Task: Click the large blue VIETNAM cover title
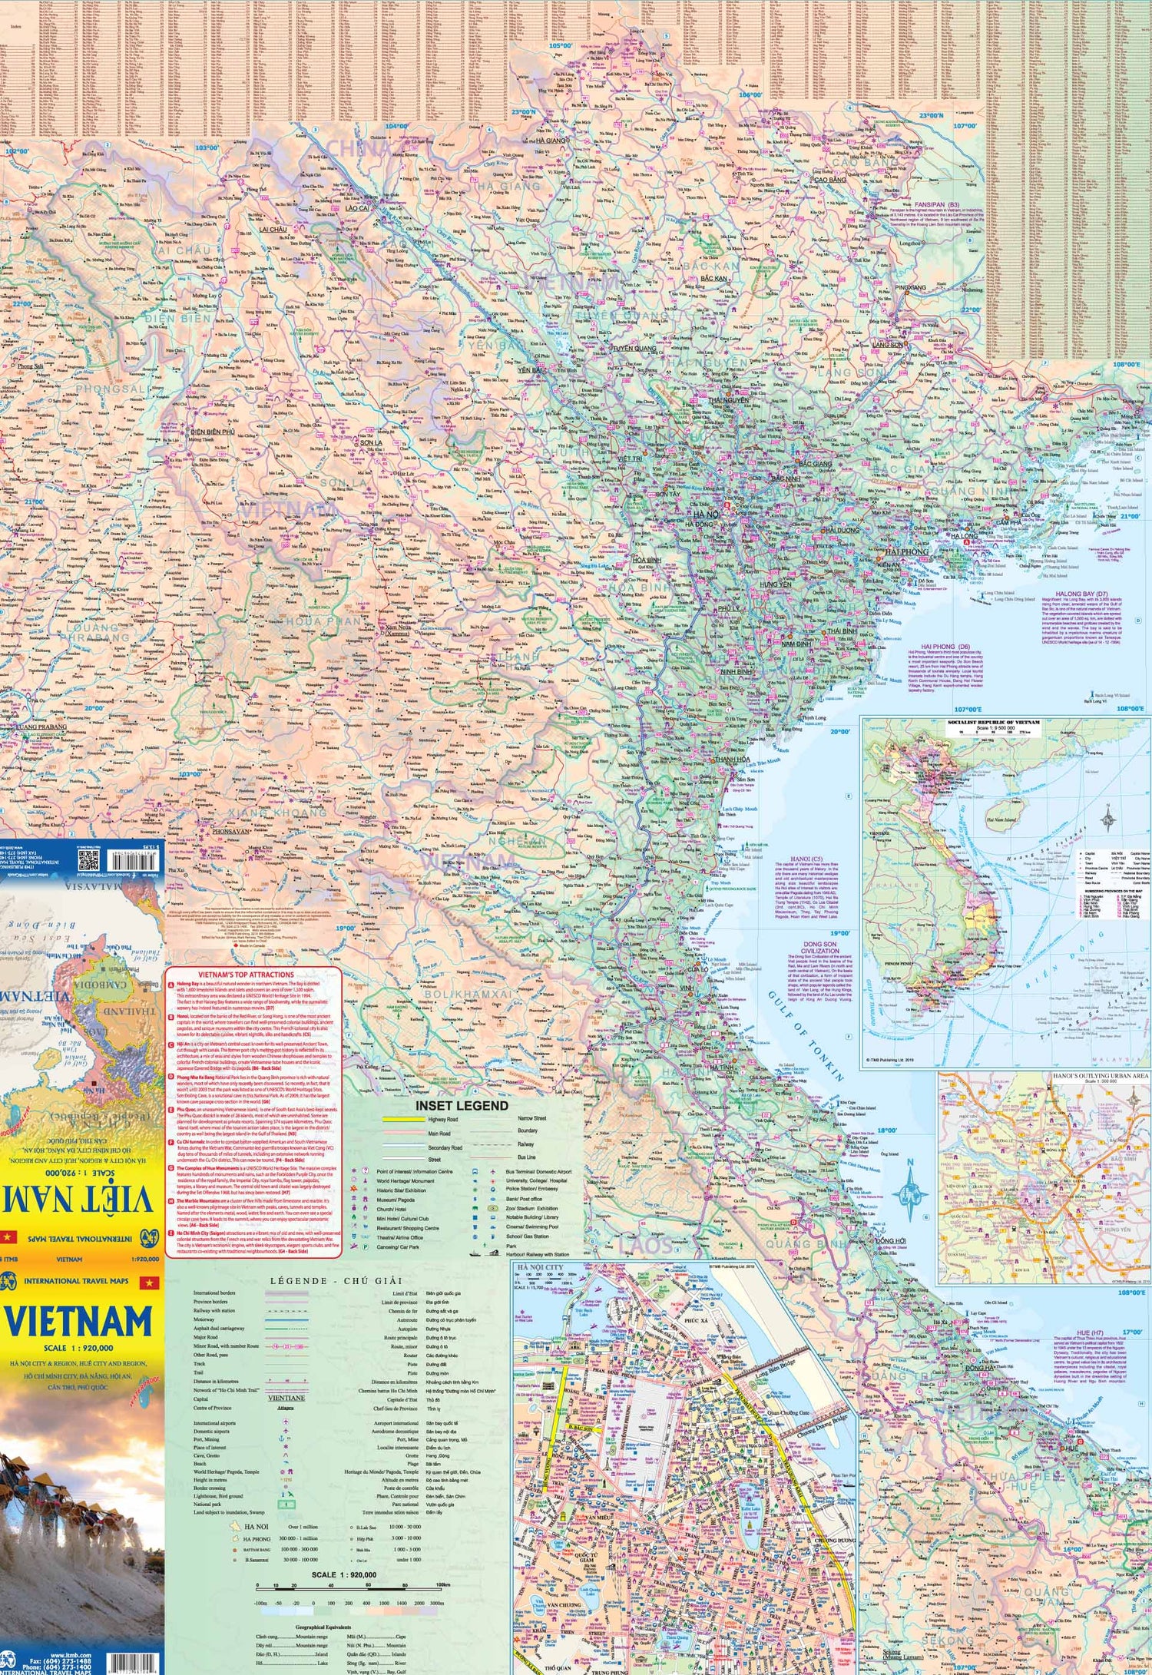point(80,1322)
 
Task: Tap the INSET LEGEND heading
point(462,1105)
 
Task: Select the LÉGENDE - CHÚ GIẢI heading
point(326,1280)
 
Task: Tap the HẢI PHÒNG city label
point(906,551)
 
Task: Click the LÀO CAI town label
point(356,208)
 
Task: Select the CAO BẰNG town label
point(829,180)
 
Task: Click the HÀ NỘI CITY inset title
point(541,1268)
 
